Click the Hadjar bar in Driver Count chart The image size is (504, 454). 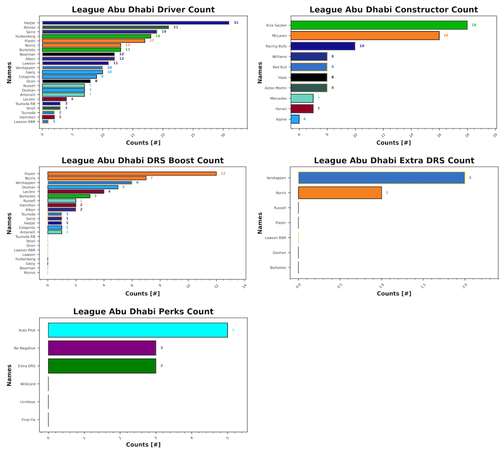(136, 23)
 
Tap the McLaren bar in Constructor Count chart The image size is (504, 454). (365, 36)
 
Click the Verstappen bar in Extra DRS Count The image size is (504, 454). (382, 178)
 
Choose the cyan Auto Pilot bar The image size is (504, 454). (138, 330)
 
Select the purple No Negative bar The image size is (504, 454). (102, 348)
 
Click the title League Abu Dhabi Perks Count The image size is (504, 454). (143, 312)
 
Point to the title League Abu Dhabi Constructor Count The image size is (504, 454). (394, 10)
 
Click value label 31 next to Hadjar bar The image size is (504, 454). (236, 23)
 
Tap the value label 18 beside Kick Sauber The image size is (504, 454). (474, 25)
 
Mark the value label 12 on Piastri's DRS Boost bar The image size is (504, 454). (223, 174)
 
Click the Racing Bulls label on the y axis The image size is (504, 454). (277, 46)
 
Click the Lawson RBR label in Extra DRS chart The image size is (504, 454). (276, 237)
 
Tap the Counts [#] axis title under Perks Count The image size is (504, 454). (143, 444)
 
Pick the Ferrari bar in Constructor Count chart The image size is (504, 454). (302, 109)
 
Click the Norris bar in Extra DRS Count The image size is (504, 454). (340, 192)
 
